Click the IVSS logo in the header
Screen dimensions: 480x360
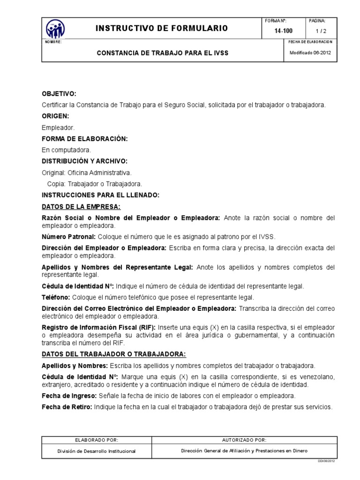pos(55,30)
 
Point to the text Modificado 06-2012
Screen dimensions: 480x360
pos(310,52)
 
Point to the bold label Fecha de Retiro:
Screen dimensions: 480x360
pos(67,407)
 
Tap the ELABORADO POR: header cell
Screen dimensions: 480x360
pos(97,440)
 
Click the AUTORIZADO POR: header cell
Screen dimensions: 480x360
pos(244,440)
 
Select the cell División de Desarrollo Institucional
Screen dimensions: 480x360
pos(97,451)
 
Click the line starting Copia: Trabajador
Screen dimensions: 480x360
pos(95,184)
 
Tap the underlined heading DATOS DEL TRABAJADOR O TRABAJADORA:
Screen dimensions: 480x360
pos(114,354)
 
